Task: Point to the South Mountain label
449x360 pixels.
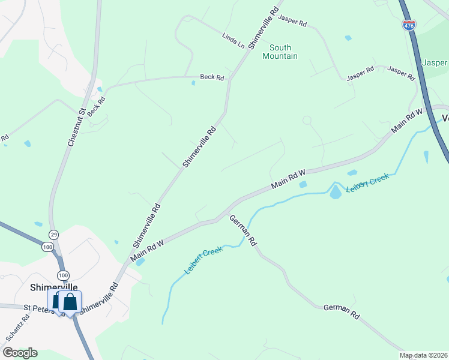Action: click(280, 52)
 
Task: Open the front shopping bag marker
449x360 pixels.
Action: click(70, 302)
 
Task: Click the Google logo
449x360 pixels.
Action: click(20, 353)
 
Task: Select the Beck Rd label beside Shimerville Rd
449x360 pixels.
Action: click(212, 77)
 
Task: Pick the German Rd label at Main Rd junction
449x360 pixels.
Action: click(244, 231)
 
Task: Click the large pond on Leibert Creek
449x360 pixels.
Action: click(334, 192)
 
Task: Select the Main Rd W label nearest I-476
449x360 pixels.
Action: click(408, 121)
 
